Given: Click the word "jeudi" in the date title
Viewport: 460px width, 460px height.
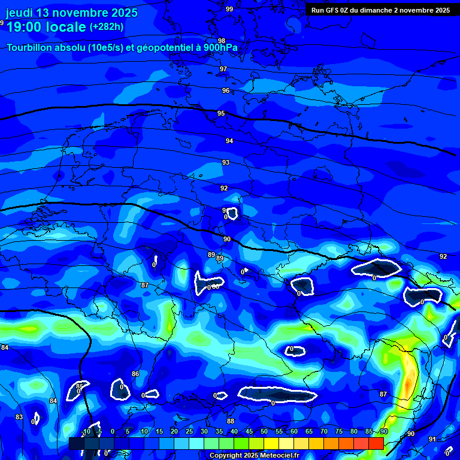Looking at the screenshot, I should (19, 13).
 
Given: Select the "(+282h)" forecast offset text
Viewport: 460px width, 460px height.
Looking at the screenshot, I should (107, 27).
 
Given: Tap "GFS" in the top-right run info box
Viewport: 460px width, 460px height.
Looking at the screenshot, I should (331, 10).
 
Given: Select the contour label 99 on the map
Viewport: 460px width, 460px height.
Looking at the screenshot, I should (229, 9).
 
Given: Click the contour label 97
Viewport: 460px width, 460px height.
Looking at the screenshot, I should (223, 69).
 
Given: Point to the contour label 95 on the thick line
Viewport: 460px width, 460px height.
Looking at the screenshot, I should (221, 113).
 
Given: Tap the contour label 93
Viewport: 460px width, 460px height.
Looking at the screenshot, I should (226, 162).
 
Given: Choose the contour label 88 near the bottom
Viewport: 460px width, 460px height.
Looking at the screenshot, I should (231, 421).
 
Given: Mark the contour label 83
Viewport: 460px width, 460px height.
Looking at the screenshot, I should (19, 417).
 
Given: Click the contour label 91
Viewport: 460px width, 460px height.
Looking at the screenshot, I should (432, 439).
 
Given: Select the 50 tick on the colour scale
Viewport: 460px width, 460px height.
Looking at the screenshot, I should (264, 432).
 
